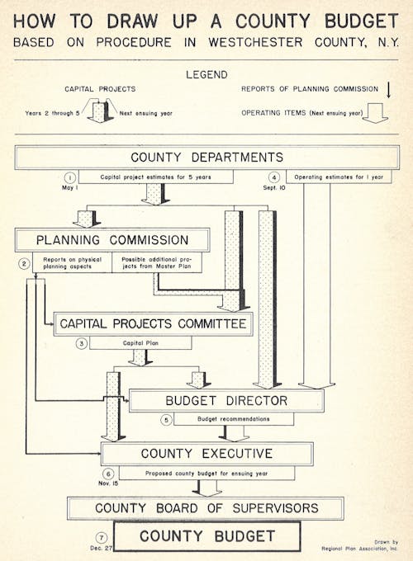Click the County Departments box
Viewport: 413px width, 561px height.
207,158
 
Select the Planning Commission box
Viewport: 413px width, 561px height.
112,240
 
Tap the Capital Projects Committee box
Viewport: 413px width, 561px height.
154,323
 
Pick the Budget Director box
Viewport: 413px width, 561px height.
226,401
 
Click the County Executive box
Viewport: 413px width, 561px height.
207,454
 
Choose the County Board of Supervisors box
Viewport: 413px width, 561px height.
206,508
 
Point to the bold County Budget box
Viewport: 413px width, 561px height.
207,536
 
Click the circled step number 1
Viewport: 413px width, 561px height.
70,177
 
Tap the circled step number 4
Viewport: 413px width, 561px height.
274,177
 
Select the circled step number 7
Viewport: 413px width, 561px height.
102,538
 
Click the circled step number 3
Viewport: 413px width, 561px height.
82,343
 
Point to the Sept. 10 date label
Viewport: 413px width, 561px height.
274,188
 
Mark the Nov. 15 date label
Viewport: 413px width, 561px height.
108,483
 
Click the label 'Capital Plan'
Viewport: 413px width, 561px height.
140,342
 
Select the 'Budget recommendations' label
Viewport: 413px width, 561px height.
234,418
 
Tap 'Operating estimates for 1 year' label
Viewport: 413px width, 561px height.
339,177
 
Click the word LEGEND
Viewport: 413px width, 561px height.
206,75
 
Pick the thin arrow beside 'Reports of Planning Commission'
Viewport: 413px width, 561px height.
389,90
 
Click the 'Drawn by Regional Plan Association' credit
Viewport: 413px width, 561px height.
359,545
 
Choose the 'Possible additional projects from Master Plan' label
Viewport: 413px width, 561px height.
157,262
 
